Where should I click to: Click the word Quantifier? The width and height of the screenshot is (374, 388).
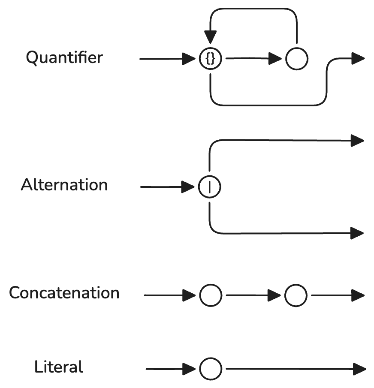coord(64,57)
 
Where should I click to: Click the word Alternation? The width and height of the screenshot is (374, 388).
coord(64,185)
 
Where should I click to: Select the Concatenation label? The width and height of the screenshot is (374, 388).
coord(64,293)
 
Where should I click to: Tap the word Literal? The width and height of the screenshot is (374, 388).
coord(59,367)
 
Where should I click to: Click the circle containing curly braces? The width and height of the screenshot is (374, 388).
coord(210,59)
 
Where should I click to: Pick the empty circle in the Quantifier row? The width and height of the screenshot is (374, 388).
coord(296,59)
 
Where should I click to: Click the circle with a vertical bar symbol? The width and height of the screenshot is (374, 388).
coord(209,187)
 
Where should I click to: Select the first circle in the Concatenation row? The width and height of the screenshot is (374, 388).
coord(211,295)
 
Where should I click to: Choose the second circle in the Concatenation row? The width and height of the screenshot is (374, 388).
coord(296,295)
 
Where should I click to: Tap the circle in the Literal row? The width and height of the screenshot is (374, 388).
coord(211,369)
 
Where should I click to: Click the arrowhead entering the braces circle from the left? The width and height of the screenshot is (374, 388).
coord(189,59)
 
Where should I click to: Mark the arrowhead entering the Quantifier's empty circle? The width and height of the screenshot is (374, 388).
coord(275,59)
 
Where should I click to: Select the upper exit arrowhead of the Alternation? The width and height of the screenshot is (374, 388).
coord(357,140)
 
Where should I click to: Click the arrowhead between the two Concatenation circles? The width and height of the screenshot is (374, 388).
coord(274,295)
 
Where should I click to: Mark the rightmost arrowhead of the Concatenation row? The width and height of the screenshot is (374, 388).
coord(358,295)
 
